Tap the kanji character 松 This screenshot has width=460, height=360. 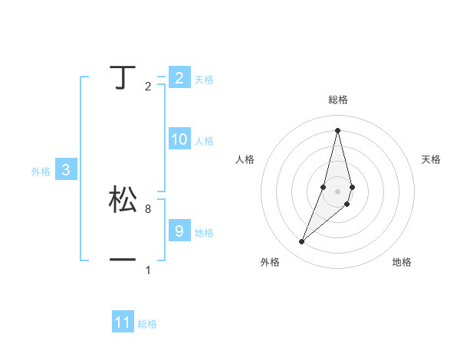(x=123, y=199)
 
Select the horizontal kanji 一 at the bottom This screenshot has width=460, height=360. (x=123, y=260)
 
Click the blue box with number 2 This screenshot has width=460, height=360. (x=179, y=77)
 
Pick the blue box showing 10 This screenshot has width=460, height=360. (x=179, y=139)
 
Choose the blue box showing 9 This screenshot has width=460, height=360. (x=179, y=231)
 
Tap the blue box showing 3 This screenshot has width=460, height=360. (x=66, y=170)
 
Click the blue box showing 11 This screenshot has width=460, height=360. (x=123, y=322)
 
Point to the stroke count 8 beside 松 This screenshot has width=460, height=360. (x=148, y=208)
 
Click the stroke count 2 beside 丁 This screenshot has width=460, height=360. (x=148, y=87)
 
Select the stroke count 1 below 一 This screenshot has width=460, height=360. (x=148, y=270)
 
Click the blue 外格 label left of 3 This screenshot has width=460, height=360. (x=41, y=172)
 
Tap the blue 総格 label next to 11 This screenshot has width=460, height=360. (x=147, y=324)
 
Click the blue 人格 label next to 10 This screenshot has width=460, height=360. (x=204, y=141)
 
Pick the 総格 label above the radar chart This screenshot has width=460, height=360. (x=338, y=100)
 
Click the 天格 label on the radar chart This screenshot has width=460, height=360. (x=432, y=159)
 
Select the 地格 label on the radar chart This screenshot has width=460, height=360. (x=402, y=262)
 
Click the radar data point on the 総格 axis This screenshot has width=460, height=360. (x=337, y=129)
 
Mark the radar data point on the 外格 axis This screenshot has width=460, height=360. (x=301, y=241)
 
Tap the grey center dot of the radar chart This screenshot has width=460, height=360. (x=337, y=191)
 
